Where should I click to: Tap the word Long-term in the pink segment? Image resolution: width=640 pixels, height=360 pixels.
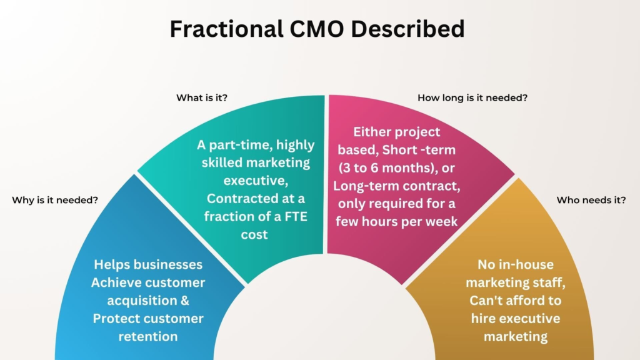(362, 186)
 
